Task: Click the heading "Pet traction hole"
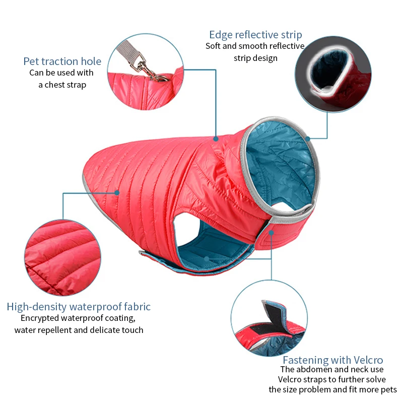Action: [x=62, y=61]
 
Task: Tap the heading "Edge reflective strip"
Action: [x=255, y=35]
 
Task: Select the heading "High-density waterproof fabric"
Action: [x=79, y=306]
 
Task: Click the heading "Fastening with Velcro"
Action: [x=332, y=360]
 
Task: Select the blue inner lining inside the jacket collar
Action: [x=282, y=161]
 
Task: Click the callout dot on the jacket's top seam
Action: [x=216, y=138]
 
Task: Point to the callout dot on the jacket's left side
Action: [x=117, y=192]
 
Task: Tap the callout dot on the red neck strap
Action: [x=271, y=232]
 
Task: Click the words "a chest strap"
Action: [x=62, y=85]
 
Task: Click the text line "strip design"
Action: [x=255, y=58]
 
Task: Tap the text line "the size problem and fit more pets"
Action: [x=332, y=389]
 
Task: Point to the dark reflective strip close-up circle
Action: [x=327, y=76]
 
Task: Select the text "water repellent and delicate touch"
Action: [x=79, y=330]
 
